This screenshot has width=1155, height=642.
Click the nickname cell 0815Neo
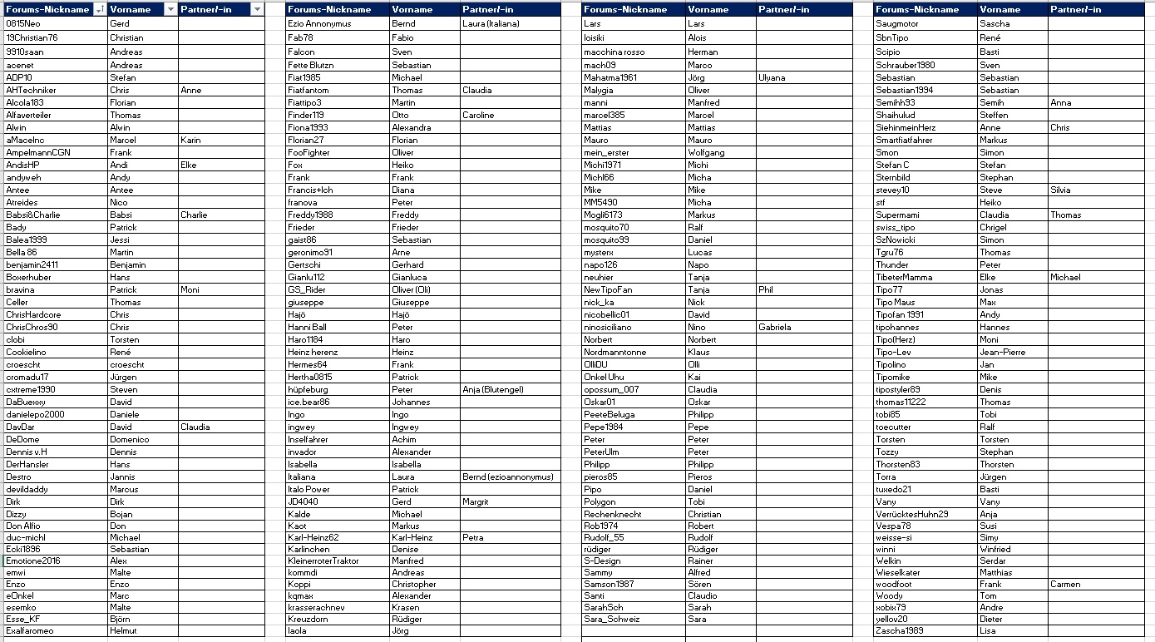point(23,24)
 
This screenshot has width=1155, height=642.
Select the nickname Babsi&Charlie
point(33,215)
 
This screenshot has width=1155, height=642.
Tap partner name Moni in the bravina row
point(190,289)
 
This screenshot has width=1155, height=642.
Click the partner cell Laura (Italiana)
point(491,24)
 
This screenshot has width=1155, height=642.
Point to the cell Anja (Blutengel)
point(493,389)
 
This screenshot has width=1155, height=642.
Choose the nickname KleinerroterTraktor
point(323,561)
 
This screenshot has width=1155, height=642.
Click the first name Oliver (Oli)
point(411,289)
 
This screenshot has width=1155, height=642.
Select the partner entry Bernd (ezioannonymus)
point(507,477)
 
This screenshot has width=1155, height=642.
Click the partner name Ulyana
point(772,77)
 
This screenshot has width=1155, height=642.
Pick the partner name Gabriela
point(775,327)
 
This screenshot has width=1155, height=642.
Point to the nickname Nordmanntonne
point(615,352)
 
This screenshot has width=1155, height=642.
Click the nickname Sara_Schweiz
point(611,619)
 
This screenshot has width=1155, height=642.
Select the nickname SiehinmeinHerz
point(906,127)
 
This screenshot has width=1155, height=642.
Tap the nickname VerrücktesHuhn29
point(911,514)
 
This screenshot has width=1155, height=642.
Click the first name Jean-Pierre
point(1002,352)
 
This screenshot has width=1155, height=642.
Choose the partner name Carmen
point(1065,584)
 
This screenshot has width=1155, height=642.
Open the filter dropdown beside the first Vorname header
point(170,9)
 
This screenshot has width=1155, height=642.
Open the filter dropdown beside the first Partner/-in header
point(256,9)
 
